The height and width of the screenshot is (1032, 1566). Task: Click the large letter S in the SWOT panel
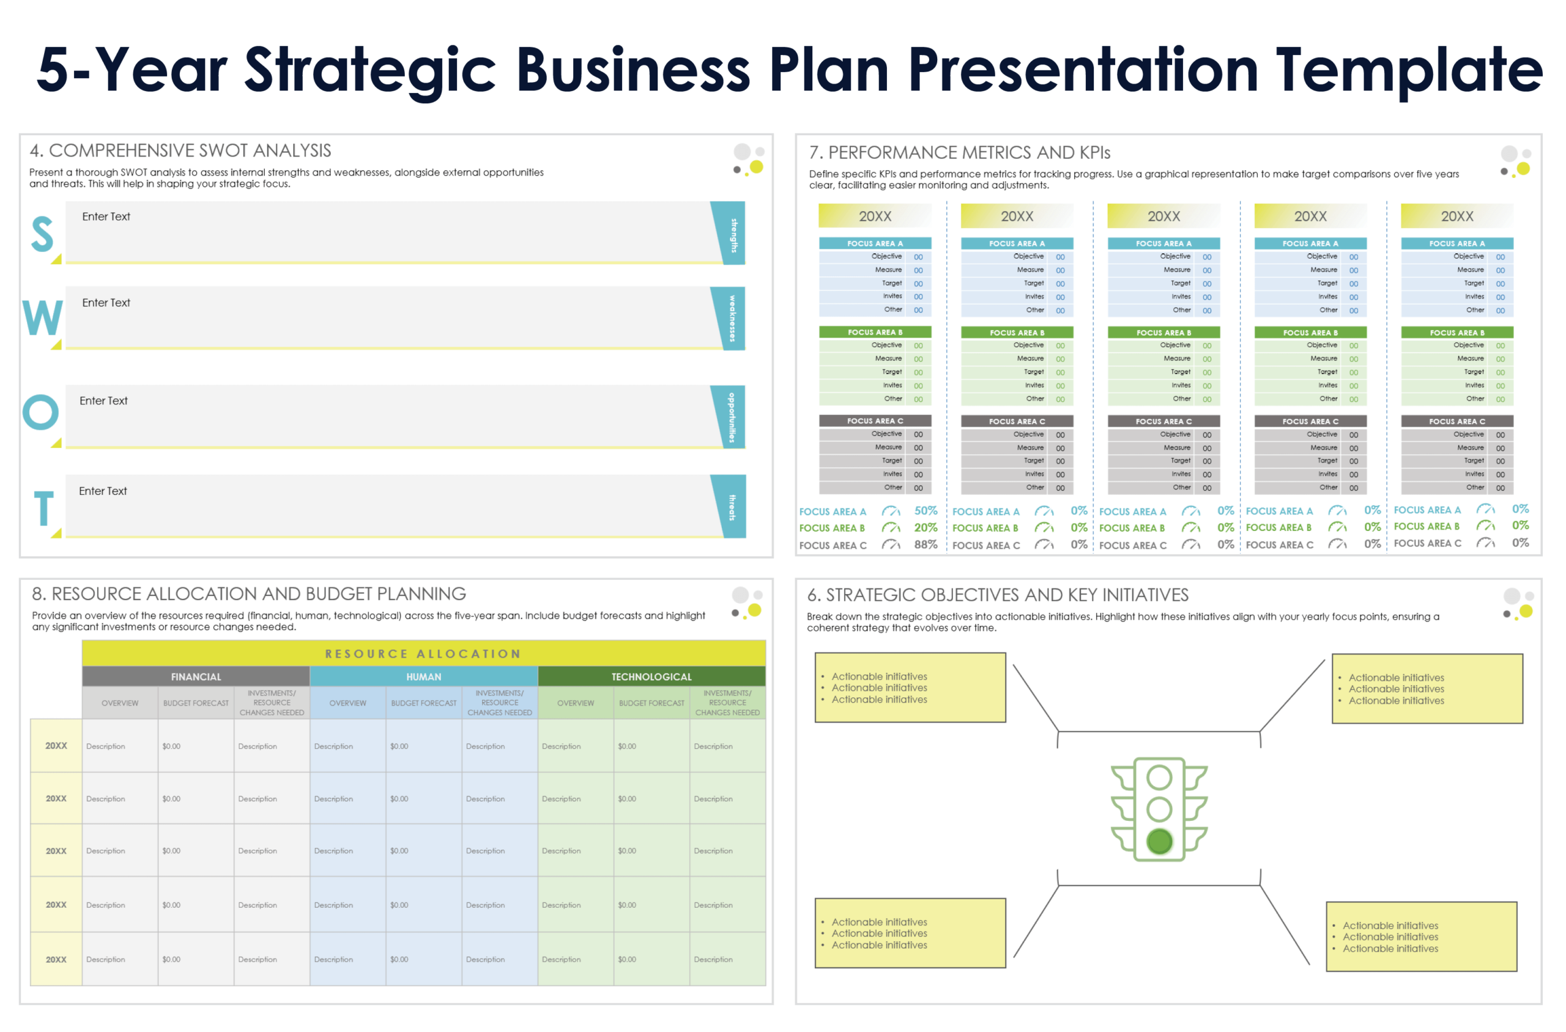tap(42, 234)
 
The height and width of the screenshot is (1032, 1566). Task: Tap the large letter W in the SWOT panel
tap(43, 318)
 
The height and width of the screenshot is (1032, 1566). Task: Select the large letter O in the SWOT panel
tap(41, 412)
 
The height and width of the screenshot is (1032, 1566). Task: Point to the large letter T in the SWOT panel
tap(44, 508)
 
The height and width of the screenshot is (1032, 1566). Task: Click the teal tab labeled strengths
tap(732, 234)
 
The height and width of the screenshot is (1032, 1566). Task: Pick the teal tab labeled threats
tap(732, 507)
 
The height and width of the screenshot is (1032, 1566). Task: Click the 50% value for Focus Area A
tap(925, 511)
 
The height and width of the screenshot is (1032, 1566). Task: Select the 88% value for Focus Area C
tap(925, 545)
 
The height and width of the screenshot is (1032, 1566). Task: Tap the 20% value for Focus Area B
tap(925, 528)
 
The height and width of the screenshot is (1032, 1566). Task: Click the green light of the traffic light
tap(1159, 841)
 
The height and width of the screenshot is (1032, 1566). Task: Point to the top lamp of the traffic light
tap(1159, 778)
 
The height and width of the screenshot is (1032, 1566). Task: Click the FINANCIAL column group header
tap(196, 677)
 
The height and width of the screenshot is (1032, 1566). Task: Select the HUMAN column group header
tap(424, 677)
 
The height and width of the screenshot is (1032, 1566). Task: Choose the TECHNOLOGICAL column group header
tap(651, 677)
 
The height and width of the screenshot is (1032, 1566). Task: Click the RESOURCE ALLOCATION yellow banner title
tap(423, 653)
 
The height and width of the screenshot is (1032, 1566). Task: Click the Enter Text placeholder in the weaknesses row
tap(106, 303)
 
